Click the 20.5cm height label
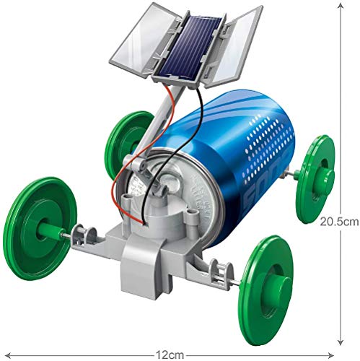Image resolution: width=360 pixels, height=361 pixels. pyautogui.click(x=341, y=223)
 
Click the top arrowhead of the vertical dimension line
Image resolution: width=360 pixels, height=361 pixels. pyautogui.click(x=341, y=5)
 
